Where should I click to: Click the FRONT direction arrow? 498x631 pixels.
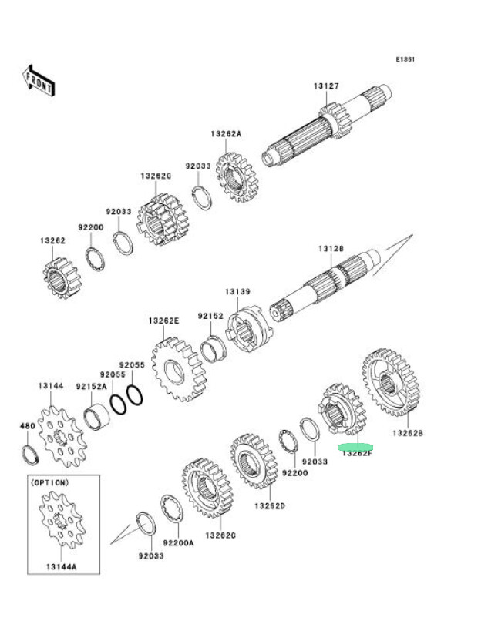pos(38,80)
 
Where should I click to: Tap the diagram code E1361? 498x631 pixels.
pos(405,59)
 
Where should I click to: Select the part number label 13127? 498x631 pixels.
pos(326,86)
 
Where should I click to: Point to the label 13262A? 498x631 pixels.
pos(226,133)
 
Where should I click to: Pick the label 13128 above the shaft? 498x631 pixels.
pos(331,248)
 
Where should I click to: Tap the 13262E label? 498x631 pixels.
pos(163,321)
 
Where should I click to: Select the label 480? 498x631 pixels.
pos(27,425)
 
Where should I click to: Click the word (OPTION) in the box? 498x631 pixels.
pos(49,482)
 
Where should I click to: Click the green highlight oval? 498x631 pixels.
pos(356,446)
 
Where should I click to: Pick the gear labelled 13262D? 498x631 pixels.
pos(252,461)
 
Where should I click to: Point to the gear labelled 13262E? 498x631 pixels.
pos(177,370)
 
